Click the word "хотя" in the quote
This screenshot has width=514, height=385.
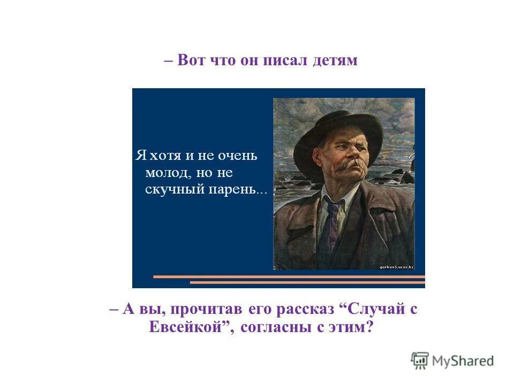point(167,156)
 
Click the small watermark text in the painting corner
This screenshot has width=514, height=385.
point(396,266)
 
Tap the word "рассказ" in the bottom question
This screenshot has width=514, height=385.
point(304,310)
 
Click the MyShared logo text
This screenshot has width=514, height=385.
point(463,361)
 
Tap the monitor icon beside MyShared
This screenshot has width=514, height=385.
point(420,360)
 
